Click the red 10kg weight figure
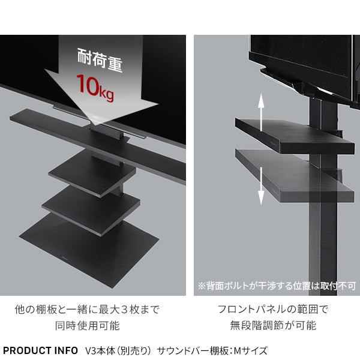pyautogui.click(x=95, y=87)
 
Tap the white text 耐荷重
pyautogui.click(x=100, y=60)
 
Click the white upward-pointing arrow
pyautogui.click(x=261, y=113)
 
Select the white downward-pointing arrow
pyautogui.click(x=261, y=186)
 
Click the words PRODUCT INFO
pyautogui.click(x=40, y=350)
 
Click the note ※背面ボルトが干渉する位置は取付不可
pyautogui.click(x=277, y=286)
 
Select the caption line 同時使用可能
pyautogui.click(x=88, y=326)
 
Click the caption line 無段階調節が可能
pyautogui.click(x=273, y=325)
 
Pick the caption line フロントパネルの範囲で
pyautogui.click(x=273, y=309)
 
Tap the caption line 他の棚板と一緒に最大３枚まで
pyautogui.click(x=87, y=310)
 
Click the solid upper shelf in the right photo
pyautogui.click(x=295, y=136)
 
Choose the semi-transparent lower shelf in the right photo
pyautogui.click(x=295, y=176)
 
